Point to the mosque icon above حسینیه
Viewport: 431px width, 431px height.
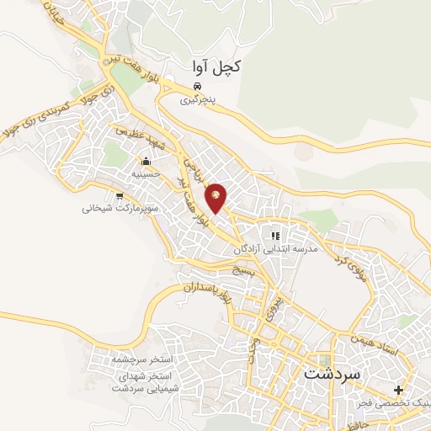146,162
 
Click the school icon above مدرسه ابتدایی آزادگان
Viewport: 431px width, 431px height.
274,236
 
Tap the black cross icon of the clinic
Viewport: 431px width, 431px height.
398,390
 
